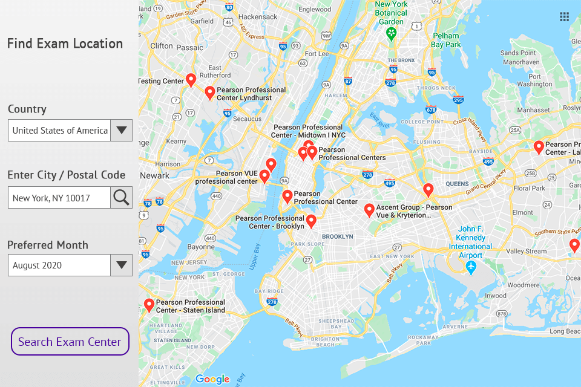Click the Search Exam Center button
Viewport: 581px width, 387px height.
(70, 342)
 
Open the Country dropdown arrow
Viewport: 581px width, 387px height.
(121, 130)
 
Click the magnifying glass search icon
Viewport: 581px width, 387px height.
(121, 197)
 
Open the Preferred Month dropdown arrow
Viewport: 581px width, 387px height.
(121, 265)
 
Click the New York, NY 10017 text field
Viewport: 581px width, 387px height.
(59, 198)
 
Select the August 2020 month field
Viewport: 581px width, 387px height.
(59, 265)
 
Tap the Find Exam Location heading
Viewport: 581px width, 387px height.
(65, 44)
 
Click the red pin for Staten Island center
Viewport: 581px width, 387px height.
(149, 305)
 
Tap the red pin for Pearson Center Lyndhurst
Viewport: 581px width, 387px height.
(209, 93)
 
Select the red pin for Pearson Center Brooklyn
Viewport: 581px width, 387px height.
(311, 221)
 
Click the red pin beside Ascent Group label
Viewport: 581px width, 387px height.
(369, 210)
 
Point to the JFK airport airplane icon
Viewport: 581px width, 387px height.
(471, 267)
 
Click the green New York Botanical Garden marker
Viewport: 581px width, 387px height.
(391, 33)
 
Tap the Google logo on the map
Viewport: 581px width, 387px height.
(212, 379)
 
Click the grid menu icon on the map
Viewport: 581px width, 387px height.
(564, 17)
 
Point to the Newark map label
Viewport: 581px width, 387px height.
(155, 176)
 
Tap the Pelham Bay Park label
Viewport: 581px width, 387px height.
(446, 40)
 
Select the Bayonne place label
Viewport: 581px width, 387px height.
(200, 247)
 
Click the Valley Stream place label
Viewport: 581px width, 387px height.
(526, 252)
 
